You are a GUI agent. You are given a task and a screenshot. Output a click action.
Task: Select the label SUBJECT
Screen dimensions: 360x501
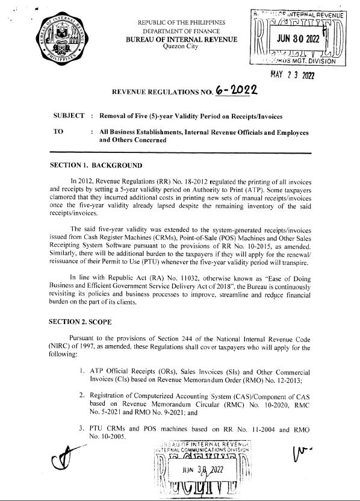pyautogui.click(x=69, y=114)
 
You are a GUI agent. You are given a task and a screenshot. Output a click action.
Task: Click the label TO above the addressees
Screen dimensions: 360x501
pyautogui.click(x=58, y=131)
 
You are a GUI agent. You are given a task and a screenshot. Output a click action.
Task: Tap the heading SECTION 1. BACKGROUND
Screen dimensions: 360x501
pyautogui.click(x=96, y=165)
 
